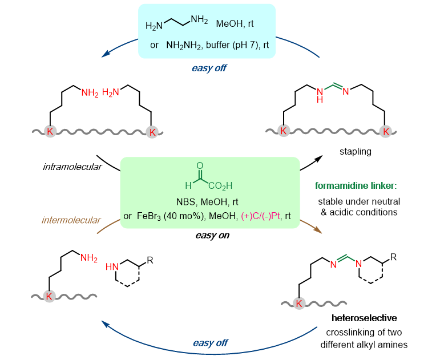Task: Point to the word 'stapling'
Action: (x=352, y=152)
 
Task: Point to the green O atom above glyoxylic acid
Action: (x=199, y=165)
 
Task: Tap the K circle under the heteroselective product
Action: (x=299, y=303)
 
